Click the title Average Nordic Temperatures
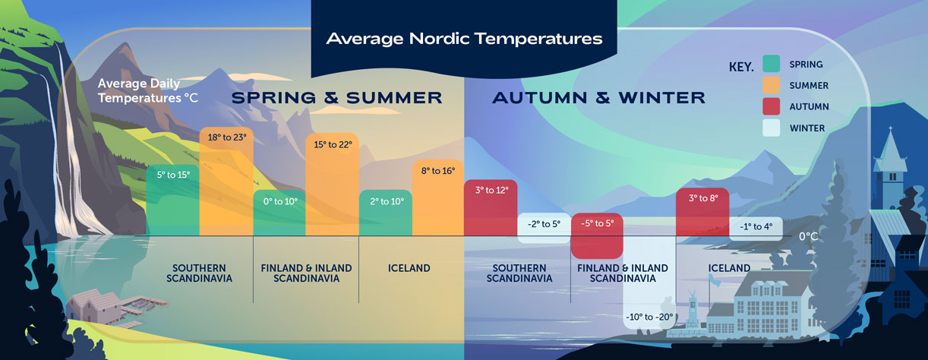(x=464, y=38)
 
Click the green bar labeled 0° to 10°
(x=279, y=213)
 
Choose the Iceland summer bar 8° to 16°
(x=437, y=197)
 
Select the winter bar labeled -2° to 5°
(x=544, y=228)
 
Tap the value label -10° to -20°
(x=649, y=316)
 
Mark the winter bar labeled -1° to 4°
(x=756, y=228)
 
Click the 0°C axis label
(x=809, y=236)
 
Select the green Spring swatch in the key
(x=771, y=65)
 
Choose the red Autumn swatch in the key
(x=771, y=107)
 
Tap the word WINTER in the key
(x=806, y=128)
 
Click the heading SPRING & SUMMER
(x=336, y=97)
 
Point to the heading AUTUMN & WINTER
(x=598, y=97)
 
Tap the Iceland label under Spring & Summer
(x=409, y=268)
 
